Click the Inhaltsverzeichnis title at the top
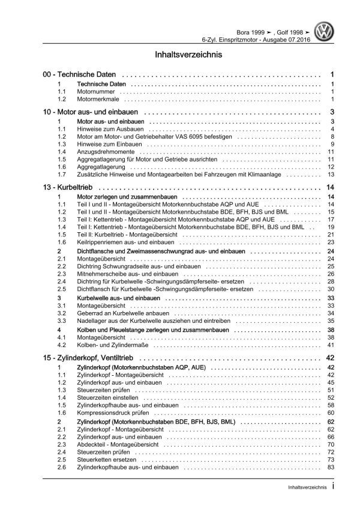(x=180, y=53)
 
